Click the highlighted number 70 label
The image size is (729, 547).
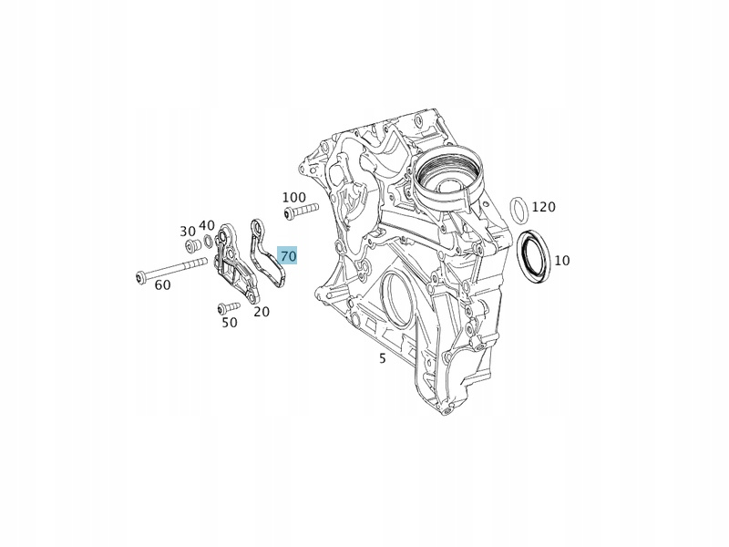287,256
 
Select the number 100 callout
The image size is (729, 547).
293,198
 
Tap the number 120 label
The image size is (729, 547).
543,207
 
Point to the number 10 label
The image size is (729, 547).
562,261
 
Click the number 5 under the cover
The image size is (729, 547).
382,358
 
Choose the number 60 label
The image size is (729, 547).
162,285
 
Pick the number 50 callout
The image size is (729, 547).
230,323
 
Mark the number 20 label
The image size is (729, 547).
262,312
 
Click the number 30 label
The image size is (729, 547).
188,232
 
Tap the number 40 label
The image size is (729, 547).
207,225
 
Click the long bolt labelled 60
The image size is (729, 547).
171,269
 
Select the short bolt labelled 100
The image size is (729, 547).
301,210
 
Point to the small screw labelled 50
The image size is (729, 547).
229,307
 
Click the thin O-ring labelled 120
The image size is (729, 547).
511,210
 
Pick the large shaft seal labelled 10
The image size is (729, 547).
519,255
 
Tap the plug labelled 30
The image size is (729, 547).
192,245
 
